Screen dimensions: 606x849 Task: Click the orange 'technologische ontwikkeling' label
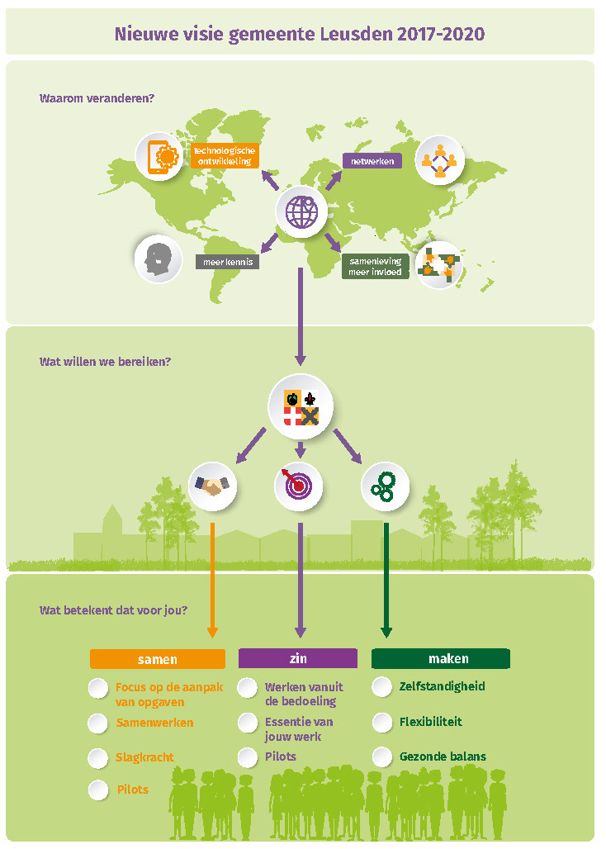[225, 156]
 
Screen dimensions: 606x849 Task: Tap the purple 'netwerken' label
[372, 161]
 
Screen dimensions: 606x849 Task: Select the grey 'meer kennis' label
[228, 262]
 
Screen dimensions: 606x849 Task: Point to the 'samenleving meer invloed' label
[376, 267]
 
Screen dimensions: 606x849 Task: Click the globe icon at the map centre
[301, 211]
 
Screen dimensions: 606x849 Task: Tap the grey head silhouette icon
[158, 258]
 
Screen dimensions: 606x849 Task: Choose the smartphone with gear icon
[159, 156]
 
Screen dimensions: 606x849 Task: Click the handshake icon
[213, 486]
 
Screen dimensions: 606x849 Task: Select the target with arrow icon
[299, 486]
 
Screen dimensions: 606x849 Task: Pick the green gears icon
[385, 486]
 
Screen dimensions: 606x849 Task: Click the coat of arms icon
[301, 406]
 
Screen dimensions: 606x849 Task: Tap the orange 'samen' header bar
[158, 659]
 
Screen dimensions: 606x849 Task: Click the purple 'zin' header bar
[298, 658]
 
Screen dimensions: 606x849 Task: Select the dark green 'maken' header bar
[440, 658]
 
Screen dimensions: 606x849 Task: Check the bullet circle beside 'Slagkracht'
[98, 758]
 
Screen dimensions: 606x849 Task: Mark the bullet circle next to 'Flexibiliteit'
[382, 723]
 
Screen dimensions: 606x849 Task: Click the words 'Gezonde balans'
[443, 757]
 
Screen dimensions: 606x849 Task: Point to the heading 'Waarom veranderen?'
[97, 98]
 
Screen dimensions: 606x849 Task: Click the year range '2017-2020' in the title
[441, 34]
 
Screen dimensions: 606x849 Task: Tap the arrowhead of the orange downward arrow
[213, 632]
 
